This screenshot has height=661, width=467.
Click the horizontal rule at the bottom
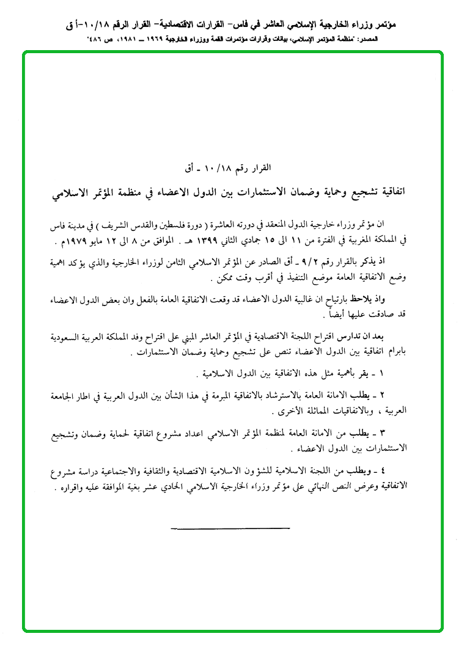[230, 527]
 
